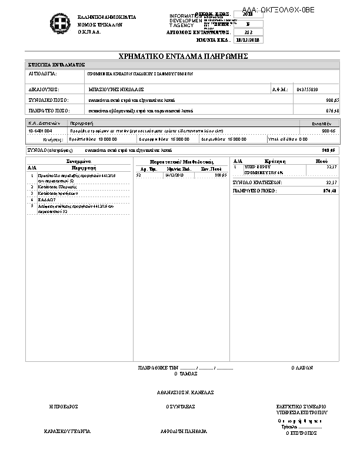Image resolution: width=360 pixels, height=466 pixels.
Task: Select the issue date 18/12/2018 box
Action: point(248,40)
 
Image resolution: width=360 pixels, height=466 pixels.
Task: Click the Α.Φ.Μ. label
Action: point(279,89)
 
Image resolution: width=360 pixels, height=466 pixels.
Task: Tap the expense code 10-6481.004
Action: point(40,131)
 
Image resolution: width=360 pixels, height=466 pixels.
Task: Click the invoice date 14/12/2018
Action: point(175,175)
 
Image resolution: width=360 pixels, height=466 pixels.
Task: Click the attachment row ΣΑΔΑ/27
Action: point(46,199)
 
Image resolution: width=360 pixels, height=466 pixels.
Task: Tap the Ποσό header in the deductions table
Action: point(322,161)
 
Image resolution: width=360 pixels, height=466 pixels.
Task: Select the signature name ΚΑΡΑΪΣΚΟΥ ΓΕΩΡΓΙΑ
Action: point(67,431)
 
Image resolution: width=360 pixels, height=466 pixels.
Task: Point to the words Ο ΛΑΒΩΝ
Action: point(302,367)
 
